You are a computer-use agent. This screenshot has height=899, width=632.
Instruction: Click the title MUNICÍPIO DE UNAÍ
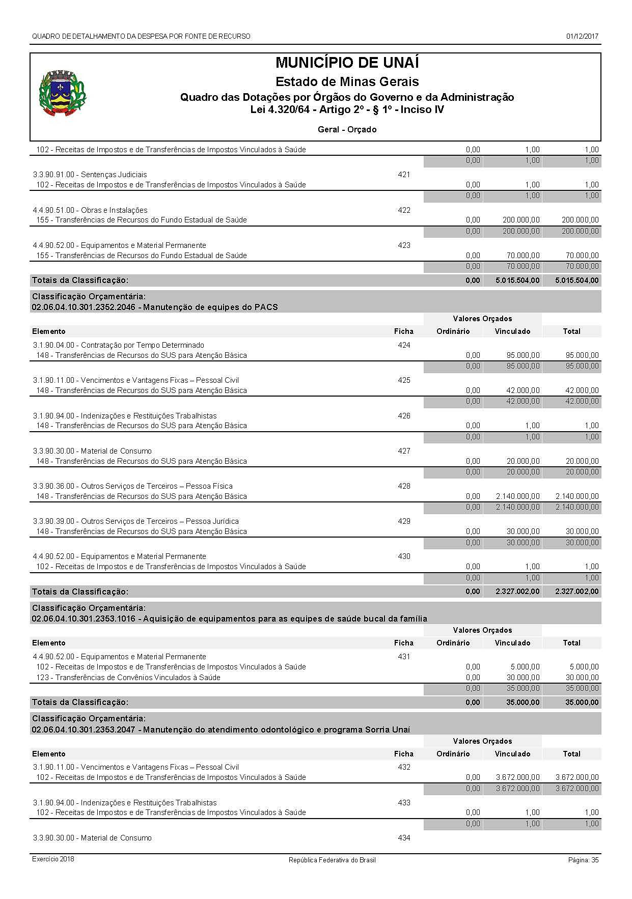pos(347,63)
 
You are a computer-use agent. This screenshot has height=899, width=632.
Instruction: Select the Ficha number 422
pos(404,210)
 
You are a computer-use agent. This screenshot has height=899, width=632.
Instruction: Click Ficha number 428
pos(404,486)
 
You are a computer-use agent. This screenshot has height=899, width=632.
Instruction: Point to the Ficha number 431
pos(404,656)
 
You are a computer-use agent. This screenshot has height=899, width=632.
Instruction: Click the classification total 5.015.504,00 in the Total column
pos(572,280)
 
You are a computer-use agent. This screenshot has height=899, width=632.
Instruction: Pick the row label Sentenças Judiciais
pos(90,175)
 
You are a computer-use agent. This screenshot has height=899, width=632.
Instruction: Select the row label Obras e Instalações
pos(90,210)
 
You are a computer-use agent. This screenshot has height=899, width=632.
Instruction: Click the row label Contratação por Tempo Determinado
pos(118,345)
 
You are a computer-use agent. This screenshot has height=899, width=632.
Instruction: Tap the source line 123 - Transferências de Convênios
pos(128,677)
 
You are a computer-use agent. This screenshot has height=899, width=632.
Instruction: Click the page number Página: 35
pos(583,860)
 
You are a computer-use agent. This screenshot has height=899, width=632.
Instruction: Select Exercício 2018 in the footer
pos(53,859)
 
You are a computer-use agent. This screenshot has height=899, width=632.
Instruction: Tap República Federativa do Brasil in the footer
pos(332,860)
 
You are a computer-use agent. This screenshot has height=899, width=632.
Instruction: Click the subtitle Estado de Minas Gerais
pos(347,81)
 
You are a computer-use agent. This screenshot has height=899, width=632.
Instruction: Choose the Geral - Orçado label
pos(347,129)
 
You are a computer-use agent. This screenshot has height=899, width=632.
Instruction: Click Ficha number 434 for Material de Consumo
pos(404,837)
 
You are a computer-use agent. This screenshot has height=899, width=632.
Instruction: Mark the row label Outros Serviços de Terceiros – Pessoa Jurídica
pos(135,521)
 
